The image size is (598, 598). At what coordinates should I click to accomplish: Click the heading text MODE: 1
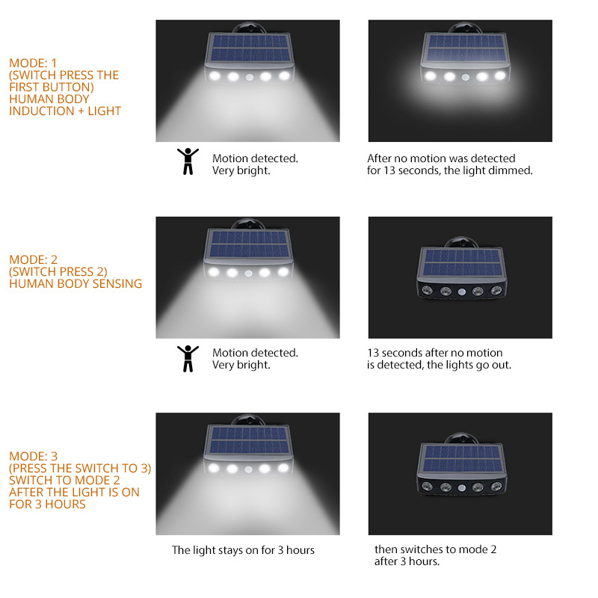pyautogui.click(x=33, y=63)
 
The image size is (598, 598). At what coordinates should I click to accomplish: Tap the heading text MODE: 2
pyautogui.click(x=33, y=259)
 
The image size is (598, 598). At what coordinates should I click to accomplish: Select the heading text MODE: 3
pyautogui.click(x=33, y=456)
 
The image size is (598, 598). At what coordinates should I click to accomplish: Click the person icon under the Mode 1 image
pyautogui.click(x=188, y=161)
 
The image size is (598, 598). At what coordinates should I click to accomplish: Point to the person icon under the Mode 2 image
pyautogui.click(x=188, y=359)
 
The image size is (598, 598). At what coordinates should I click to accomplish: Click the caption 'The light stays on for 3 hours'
pyautogui.click(x=243, y=550)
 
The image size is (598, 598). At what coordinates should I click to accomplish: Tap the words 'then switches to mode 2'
pyautogui.click(x=435, y=549)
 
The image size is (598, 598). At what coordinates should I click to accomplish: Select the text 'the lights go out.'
pyautogui.click(x=469, y=365)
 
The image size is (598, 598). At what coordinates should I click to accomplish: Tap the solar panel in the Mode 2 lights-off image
pyautogui.click(x=463, y=263)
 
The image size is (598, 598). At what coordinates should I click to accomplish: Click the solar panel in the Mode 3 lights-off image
pyautogui.click(x=463, y=459)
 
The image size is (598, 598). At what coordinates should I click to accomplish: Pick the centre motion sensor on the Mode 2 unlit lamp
pyautogui.click(x=462, y=292)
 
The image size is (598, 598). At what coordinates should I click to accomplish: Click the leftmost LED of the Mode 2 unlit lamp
pyautogui.click(x=427, y=292)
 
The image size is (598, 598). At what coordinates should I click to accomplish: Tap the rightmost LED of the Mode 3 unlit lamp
pyautogui.click(x=496, y=487)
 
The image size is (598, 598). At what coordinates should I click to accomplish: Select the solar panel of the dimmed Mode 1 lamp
pyautogui.click(x=464, y=48)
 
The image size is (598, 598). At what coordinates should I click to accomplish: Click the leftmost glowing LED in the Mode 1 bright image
pyautogui.click(x=215, y=75)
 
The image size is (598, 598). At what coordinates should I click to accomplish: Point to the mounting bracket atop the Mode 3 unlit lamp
pyautogui.click(x=461, y=438)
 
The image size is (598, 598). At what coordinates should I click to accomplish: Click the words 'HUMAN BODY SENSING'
pyautogui.click(x=75, y=284)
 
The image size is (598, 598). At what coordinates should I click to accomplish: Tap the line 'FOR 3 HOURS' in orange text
pyautogui.click(x=47, y=504)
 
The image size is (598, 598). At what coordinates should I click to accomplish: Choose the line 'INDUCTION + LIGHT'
pyautogui.click(x=65, y=111)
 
